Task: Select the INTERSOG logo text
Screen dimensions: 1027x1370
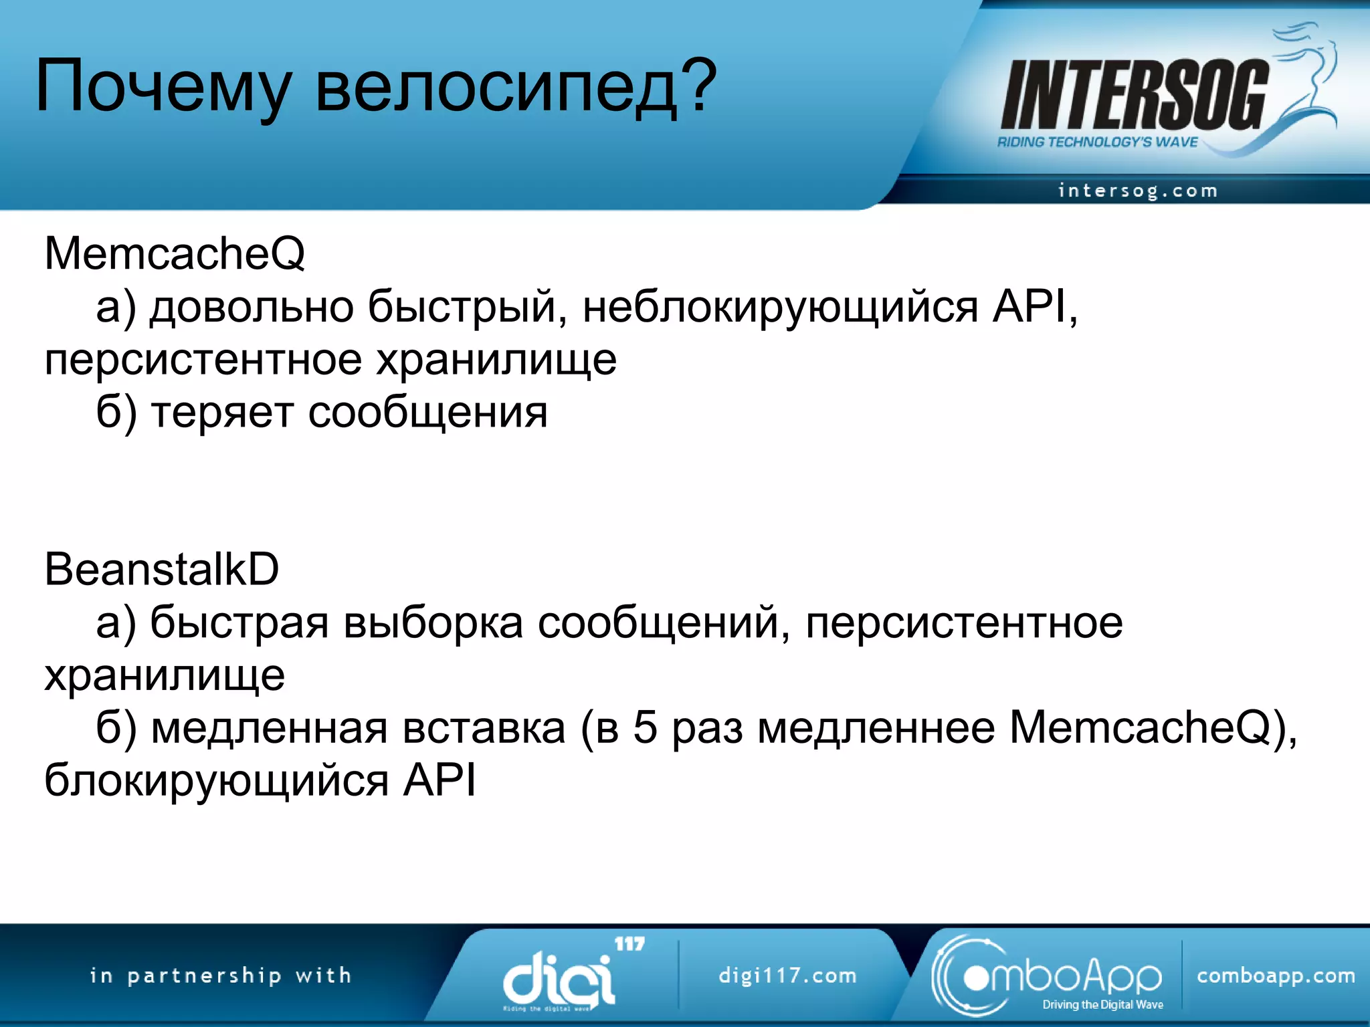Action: point(1134,95)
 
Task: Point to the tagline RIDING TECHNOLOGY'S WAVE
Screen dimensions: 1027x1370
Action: point(1097,142)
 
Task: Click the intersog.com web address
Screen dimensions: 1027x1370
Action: point(1137,191)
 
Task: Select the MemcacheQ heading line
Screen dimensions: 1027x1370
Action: point(175,254)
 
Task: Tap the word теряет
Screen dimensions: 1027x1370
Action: point(223,413)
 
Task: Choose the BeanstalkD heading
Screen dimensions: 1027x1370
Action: point(161,570)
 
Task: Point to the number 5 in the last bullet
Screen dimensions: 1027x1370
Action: point(645,727)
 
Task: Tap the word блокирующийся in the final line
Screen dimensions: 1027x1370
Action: point(216,780)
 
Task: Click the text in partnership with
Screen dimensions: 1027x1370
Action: point(221,976)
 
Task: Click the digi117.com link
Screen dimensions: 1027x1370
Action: point(787,976)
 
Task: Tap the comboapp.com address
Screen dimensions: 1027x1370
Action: point(1276,976)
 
